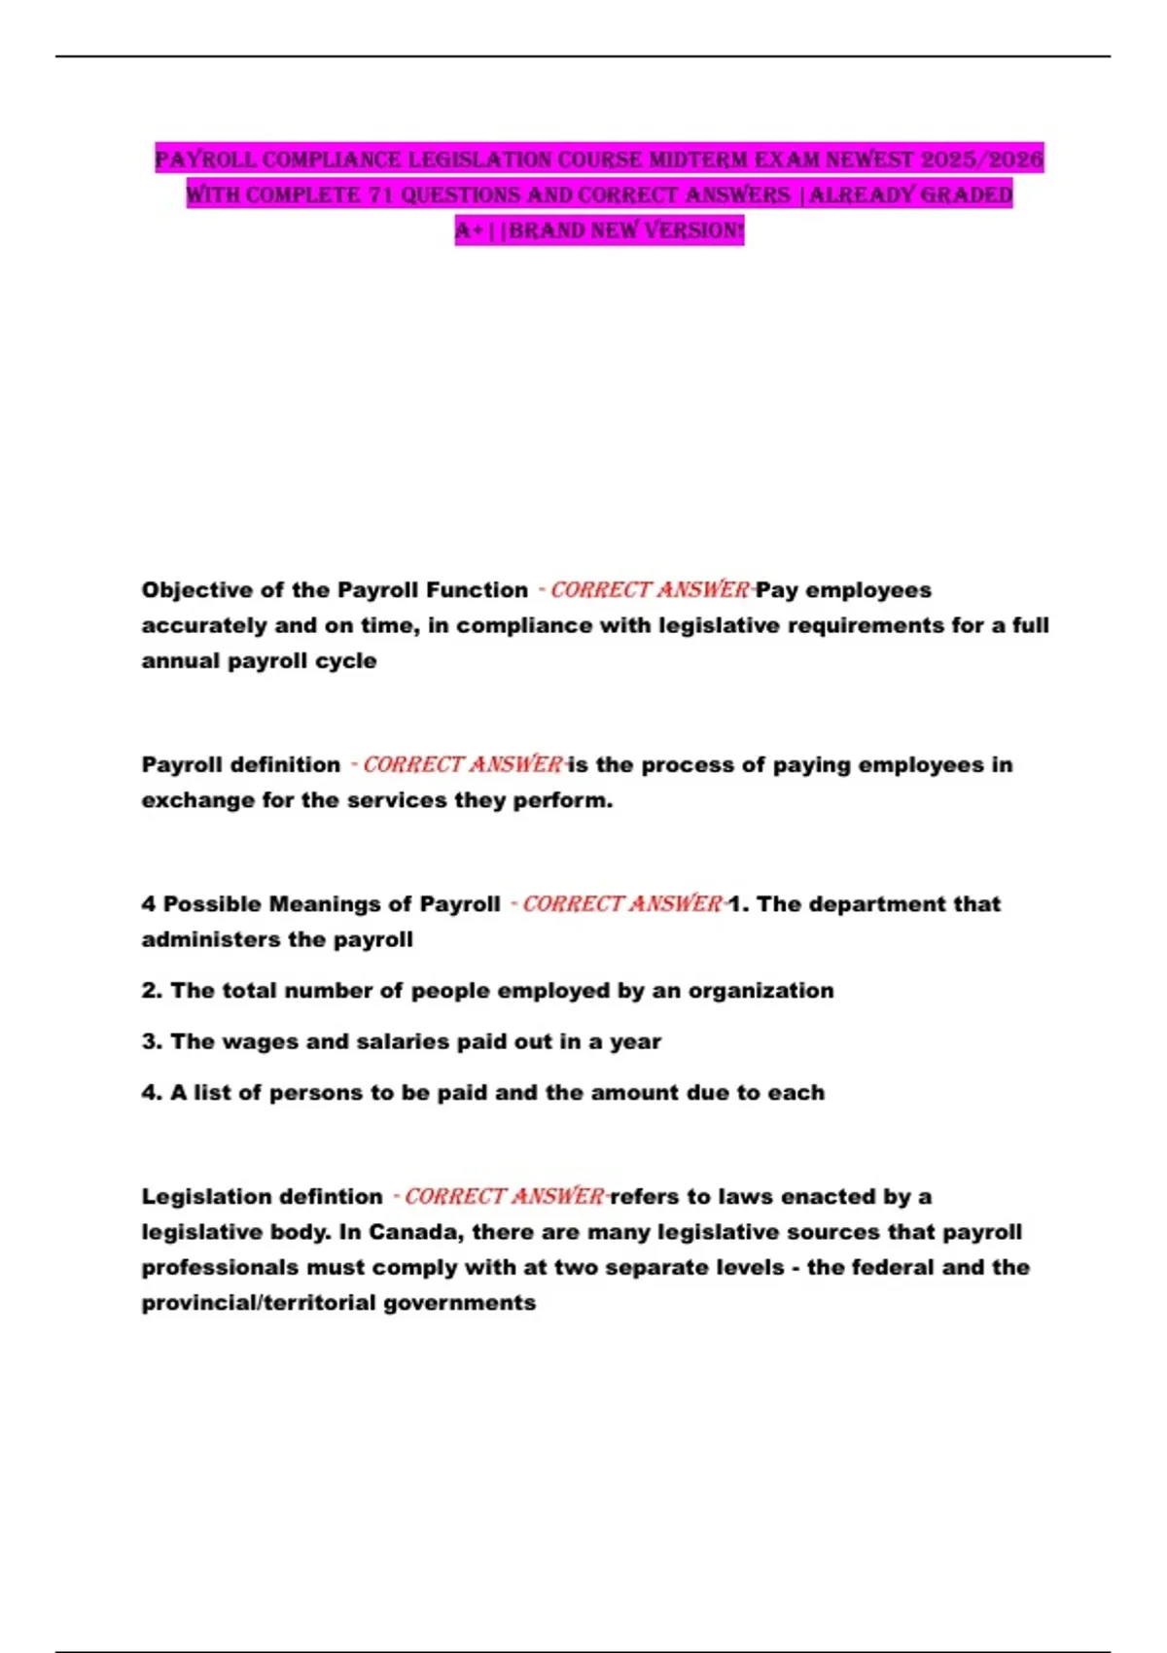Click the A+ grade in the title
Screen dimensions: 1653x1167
[469, 230]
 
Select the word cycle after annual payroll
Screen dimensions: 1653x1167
[349, 661]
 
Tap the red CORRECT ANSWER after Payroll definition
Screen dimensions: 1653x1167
[463, 765]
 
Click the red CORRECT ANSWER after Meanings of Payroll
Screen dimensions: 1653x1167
[622, 904]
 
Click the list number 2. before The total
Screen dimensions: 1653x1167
[152, 991]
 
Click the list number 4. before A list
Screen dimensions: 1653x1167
[152, 1093]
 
